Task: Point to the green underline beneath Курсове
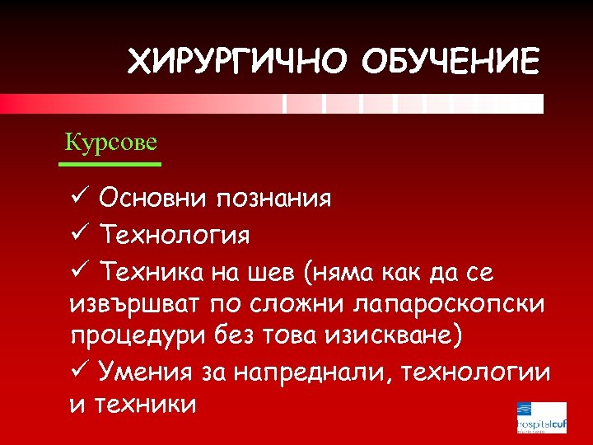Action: (110, 165)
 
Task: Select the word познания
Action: (273, 199)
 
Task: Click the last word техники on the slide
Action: (145, 405)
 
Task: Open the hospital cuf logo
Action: (541, 418)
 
